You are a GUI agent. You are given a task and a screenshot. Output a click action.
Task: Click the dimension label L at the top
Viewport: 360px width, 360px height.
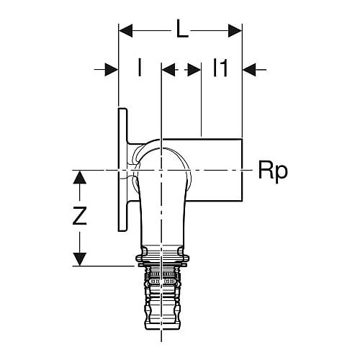[x=182, y=29]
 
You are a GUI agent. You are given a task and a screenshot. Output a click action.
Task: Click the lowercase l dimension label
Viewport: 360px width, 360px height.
[x=140, y=68]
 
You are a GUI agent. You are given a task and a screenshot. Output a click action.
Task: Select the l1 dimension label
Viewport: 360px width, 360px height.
[x=220, y=68]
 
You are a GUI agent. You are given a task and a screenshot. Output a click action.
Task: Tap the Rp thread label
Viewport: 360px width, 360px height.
[x=273, y=171]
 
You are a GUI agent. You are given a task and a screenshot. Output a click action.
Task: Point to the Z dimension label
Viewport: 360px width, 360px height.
[x=80, y=216]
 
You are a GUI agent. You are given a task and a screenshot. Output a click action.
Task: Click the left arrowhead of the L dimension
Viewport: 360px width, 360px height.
[x=126, y=31]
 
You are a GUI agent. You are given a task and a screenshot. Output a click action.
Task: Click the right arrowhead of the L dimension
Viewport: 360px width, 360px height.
[x=235, y=31]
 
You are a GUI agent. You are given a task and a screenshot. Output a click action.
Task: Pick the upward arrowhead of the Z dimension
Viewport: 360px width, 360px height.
[x=80, y=178]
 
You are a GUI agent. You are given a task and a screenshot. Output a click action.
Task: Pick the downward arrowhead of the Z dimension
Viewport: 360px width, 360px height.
[x=80, y=259]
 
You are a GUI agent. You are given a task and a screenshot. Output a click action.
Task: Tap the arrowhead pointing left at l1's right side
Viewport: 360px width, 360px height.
[x=250, y=70]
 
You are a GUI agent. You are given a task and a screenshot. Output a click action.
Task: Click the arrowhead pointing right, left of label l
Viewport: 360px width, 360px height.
[x=112, y=70]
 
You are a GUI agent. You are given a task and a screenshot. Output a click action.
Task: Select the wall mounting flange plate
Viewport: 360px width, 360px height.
[x=122, y=170]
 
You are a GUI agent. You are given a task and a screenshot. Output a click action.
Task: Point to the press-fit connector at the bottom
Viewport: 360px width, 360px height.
[x=161, y=300]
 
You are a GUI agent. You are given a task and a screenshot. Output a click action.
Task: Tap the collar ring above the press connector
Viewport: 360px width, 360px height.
[x=162, y=258]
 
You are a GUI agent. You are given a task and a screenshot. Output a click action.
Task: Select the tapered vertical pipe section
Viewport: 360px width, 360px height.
[x=162, y=216]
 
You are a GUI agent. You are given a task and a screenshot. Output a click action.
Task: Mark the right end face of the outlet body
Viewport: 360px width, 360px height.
[x=242, y=170]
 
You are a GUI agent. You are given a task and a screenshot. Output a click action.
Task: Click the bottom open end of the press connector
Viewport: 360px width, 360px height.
[x=161, y=329]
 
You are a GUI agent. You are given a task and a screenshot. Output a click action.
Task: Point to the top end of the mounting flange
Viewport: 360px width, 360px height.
[x=122, y=109]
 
